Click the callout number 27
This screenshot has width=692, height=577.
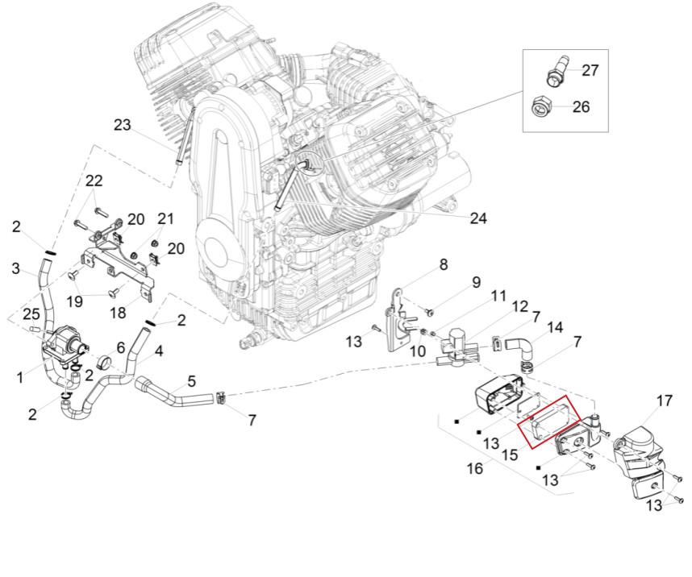pyautogui.click(x=590, y=70)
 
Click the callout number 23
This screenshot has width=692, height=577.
pyautogui.click(x=123, y=125)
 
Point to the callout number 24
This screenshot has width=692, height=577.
pyautogui.click(x=479, y=218)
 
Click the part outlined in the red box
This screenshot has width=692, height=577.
pyautogui.click(x=548, y=421)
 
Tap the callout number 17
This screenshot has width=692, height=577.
pyautogui.click(x=664, y=401)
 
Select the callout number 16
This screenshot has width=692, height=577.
pyautogui.click(x=475, y=468)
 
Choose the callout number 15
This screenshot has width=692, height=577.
pyautogui.click(x=510, y=455)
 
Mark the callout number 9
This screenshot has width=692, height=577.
pyautogui.click(x=476, y=282)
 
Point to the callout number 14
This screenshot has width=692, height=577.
pyautogui.click(x=555, y=328)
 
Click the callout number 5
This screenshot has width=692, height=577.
pyautogui.click(x=191, y=380)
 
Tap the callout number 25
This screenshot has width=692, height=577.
pyautogui.click(x=31, y=313)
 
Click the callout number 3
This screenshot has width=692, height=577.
pyautogui.click(x=16, y=268)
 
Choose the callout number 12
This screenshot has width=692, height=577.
pyautogui.click(x=519, y=307)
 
